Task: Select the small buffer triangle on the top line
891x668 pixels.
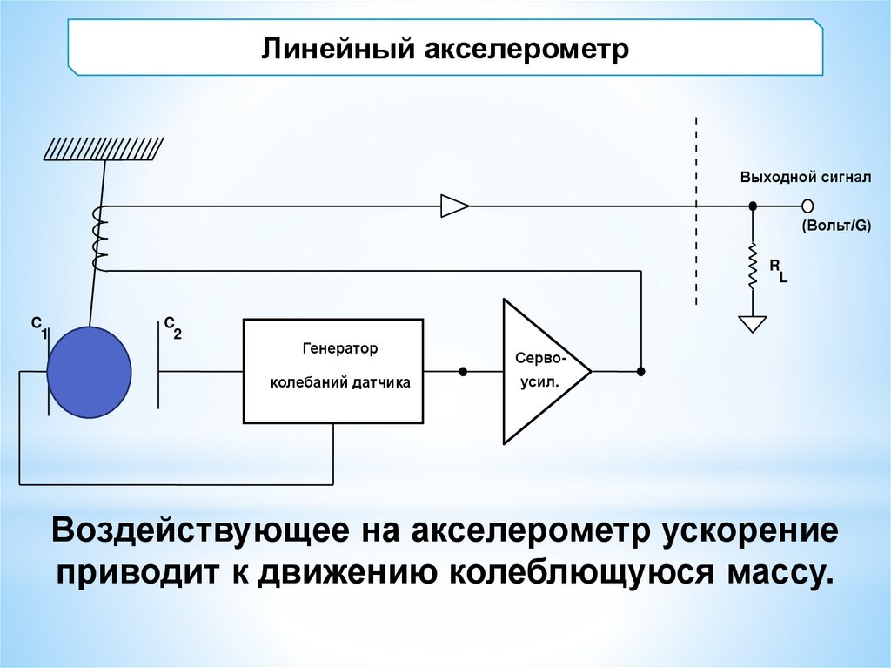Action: click(x=454, y=206)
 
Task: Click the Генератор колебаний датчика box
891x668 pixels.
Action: click(x=334, y=371)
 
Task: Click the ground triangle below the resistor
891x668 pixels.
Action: click(x=754, y=323)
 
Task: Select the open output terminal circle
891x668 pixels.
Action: click(x=807, y=206)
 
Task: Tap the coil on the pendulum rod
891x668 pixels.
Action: click(x=99, y=239)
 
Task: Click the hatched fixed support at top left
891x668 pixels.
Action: click(x=103, y=149)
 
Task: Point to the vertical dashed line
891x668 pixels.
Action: click(x=695, y=209)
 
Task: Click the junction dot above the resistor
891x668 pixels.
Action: click(x=754, y=206)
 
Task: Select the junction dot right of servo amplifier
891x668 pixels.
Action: click(x=640, y=372)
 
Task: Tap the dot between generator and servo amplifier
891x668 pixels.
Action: click(x=463, y=372)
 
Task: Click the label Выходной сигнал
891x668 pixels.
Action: click(x=805, y=177)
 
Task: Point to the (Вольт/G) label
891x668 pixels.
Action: click(x=835, y=226)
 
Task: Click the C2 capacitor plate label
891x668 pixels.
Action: click(x=171, y=327)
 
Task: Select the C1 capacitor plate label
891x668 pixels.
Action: click(x=39, y=327)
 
